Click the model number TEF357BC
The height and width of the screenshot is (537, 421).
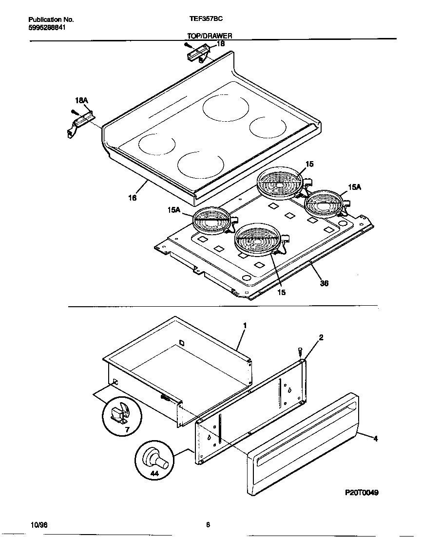point(206,19)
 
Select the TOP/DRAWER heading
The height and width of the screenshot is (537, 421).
point(210,36)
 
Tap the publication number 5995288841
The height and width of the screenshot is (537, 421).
point(47,27)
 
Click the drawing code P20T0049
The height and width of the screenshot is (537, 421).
point(362,492)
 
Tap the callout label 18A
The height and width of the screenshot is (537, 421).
point(81,100)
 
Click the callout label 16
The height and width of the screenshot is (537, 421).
point(132,198)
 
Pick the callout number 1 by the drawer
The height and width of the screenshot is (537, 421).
point(245,325)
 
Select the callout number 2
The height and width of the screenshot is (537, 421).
point(321,337)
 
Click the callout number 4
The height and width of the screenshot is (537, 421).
point(375,438)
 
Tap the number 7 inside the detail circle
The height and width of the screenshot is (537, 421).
point(127,430)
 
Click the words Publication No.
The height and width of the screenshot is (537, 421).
point(51,19)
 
